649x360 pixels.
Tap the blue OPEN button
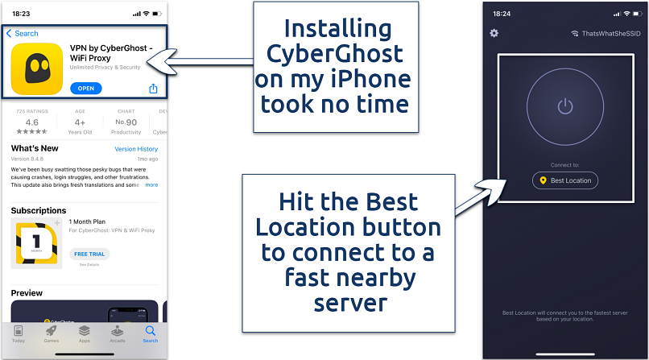tap(86, 88)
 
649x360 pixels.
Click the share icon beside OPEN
tap(153, 89)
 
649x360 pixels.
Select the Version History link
tap(136, 149)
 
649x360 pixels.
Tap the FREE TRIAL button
tap(90, 253)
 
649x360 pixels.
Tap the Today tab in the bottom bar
tap(19, 334)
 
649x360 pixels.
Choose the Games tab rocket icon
tap(51, 330)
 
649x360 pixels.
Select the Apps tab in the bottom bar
tap(84, 334)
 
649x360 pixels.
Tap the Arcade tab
tap(118, 334)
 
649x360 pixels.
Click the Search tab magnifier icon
tap(151, 330)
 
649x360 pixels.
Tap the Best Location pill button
tap(565, 180)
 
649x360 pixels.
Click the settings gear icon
tap(494, 33)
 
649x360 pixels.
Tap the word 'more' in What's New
tap(151, 184)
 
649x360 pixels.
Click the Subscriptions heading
tap(39, 210)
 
